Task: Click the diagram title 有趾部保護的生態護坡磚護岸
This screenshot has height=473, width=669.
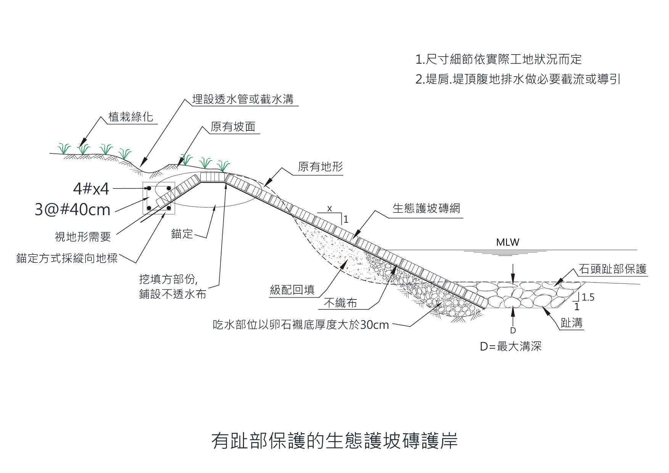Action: [x=334, y=441]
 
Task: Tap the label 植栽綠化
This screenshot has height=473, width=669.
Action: [x=130, y=117]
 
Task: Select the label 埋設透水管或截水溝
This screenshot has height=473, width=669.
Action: [x=243, y=99]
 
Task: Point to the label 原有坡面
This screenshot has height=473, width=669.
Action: [x=233, y=127]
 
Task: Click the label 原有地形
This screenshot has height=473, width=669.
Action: [x=320, y=167]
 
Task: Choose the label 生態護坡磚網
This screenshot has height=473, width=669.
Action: [x=426, y=208]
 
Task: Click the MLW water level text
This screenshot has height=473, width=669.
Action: [x=508, y=242]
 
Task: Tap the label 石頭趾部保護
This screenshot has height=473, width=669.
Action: [x=613, y=269]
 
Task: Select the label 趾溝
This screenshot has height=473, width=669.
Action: [x=571, y=323]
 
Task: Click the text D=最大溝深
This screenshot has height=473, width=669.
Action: [x=510, y=346]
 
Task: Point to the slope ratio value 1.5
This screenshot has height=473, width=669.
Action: [x=588, y=297]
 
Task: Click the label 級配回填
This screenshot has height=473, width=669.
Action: [x=292, y=290]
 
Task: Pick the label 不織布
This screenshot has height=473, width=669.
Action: [x=340, y=303]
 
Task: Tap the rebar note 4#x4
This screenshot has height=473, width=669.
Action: [x=91, y=188]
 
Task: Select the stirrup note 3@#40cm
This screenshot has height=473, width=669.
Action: [x=72, y=209]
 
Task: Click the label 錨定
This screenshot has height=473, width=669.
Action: [x=182, y=233]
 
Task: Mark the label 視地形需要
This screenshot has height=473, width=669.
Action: [x=83, y=237]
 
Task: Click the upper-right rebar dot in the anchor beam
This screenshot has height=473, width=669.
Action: [x=168, y=188]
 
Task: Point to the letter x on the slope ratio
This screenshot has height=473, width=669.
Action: [x=330, y=209]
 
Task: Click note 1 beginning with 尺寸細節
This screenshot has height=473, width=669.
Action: [x=499, y=59]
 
